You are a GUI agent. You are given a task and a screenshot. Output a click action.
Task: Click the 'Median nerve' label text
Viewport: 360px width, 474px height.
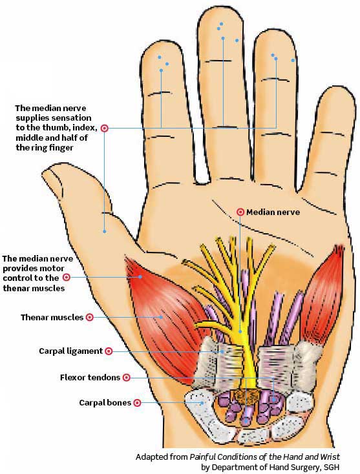pyautogui.click(x=273, y=212)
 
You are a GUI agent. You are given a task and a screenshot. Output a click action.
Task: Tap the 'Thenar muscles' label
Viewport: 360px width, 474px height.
pyautogui.click(x=52, y=318)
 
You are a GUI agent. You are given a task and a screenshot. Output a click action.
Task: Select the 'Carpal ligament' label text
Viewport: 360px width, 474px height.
pyautogui.click(x=71, y=351)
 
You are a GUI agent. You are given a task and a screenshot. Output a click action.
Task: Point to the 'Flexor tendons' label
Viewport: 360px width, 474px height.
pyautogui.click(x=90, y=378)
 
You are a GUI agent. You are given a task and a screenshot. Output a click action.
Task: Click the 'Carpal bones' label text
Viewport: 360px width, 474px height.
pyautogui.click(x=105, y=403)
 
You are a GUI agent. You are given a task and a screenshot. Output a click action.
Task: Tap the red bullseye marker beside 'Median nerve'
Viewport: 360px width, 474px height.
pyautogui.click(x=240, y=212)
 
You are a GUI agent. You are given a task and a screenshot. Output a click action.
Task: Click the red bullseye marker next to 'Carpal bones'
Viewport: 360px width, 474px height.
pyautogui.click(x=138, y=403)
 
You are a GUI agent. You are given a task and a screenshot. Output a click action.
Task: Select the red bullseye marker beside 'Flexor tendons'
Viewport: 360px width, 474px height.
pyautogui.click(x=127, y=378)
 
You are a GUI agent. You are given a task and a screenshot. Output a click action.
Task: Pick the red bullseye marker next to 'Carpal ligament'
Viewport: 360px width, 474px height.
pyautogui.click(x=109, y=351)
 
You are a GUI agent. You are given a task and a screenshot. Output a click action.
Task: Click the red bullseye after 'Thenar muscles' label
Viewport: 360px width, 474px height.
pyautogui.click(x=90, y=318)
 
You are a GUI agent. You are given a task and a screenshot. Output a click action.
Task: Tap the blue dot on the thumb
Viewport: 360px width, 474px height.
pyautogui.click(x=104, y=232)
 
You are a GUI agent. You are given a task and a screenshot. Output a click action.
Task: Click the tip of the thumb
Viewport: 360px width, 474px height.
pyautogui.click(x=43, y=173)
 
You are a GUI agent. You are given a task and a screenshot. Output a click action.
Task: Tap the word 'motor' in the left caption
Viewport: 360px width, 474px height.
pyautogui.click(x=54, y=269)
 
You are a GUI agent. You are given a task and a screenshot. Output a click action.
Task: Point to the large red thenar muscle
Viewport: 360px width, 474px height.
pyautogui.click(x=164, y=318)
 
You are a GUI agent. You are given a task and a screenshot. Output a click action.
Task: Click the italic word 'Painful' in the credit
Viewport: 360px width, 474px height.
pyautogui.click(x=202, y=457)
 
